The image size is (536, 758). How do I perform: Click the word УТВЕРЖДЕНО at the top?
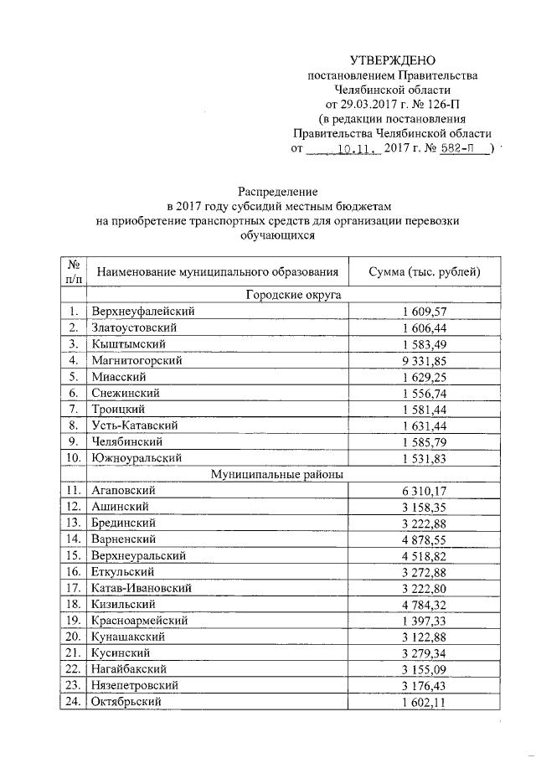pos(393,60)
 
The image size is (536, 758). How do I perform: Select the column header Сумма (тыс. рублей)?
pos(425,272)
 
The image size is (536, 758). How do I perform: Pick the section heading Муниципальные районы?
pos(281,474)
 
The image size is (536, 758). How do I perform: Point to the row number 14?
pos(74,539)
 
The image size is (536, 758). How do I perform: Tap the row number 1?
pos(74,311)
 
